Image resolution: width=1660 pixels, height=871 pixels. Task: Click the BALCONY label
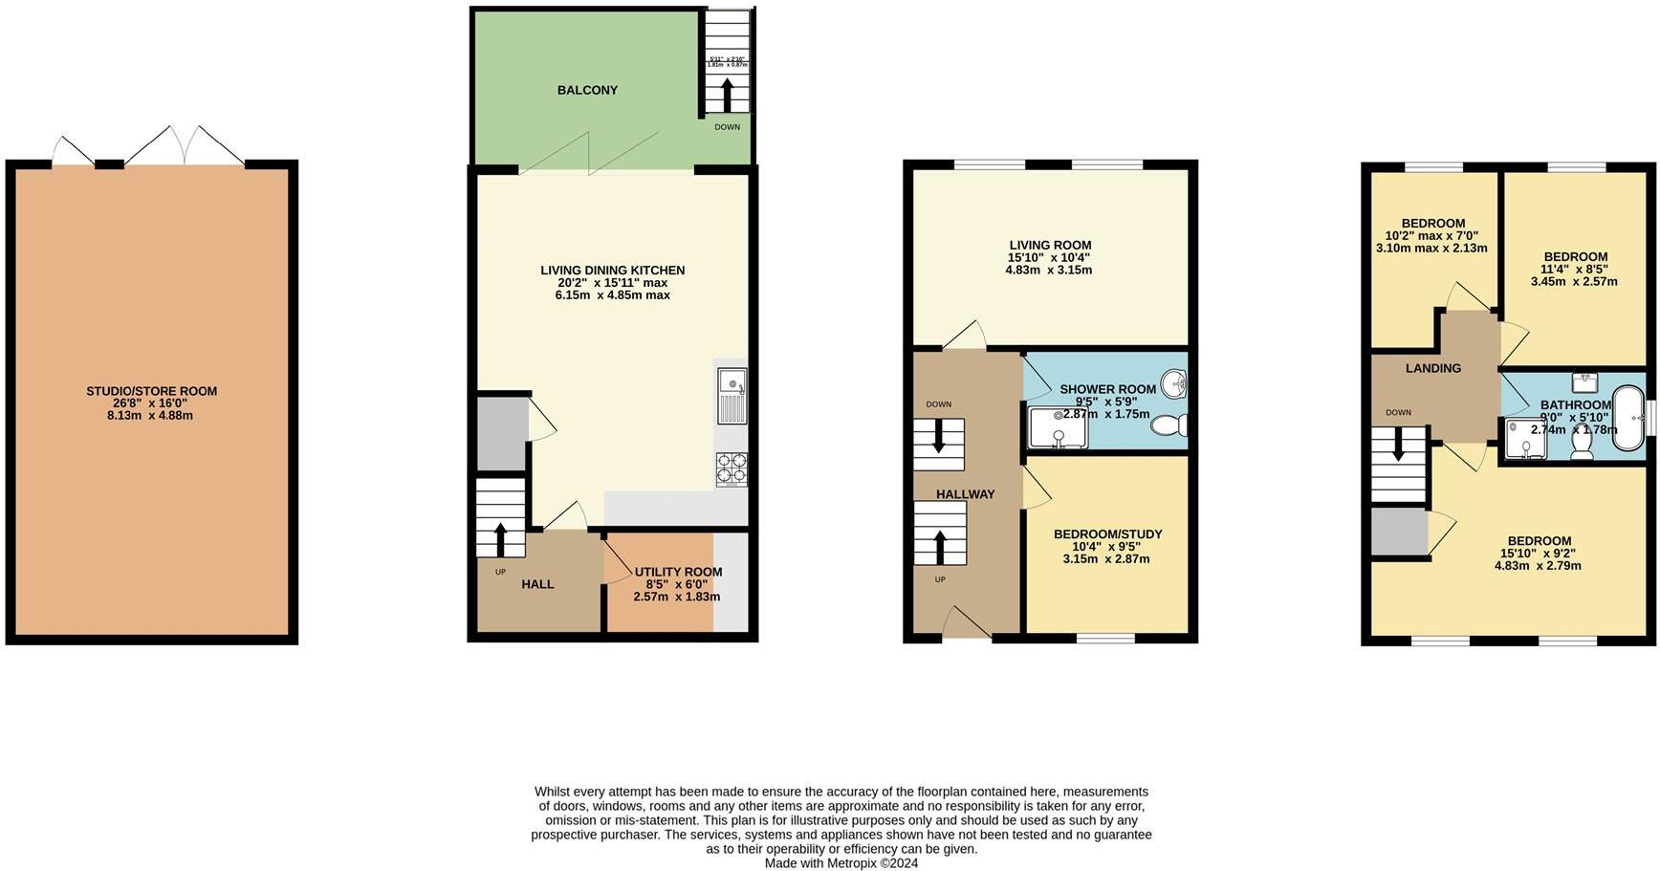(587, 90)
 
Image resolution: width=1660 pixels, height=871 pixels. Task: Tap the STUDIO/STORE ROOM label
(151, 391)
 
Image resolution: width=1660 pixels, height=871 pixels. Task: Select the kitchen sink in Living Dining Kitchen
(732, 394)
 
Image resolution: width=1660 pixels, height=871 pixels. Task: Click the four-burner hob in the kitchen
(732, 468)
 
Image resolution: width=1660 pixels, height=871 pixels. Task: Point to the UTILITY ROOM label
(678, 572)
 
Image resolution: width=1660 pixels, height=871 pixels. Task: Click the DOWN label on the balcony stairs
(727, 127)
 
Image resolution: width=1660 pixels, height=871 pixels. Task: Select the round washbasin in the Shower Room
(1173, 384)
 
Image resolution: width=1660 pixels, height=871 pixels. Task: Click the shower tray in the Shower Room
(1058, 428)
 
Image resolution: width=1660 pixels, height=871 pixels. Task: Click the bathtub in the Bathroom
(1627, 412)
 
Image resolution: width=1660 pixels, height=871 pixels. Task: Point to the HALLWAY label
(965, 494)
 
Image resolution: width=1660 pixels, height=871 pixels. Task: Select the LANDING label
(1432, 368)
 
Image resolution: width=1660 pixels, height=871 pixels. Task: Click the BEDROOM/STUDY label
(1107, 534)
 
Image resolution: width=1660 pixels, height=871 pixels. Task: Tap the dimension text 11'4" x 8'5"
(1574, 269)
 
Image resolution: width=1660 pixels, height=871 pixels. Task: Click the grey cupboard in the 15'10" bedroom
(1398, 533)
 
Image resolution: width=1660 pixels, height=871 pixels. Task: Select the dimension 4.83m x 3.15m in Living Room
(1048, 271)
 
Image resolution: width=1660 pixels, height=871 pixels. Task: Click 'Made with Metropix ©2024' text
(841, 863)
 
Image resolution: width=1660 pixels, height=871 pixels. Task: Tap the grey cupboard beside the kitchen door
(501, 433)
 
